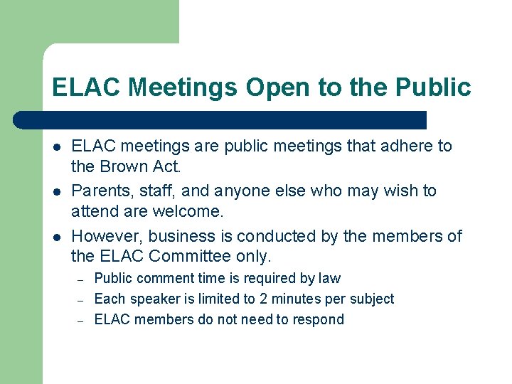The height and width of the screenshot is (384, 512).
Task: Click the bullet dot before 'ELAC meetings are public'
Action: (x=55, y=146)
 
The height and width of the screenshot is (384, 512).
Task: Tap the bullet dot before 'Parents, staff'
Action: (x=55, y=191)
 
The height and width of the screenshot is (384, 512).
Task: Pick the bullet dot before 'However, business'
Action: (x=55, y=237)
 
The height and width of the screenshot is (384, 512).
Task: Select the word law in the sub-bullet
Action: (x=330, y=279)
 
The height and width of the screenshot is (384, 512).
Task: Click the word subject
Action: (x=370, y=299)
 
